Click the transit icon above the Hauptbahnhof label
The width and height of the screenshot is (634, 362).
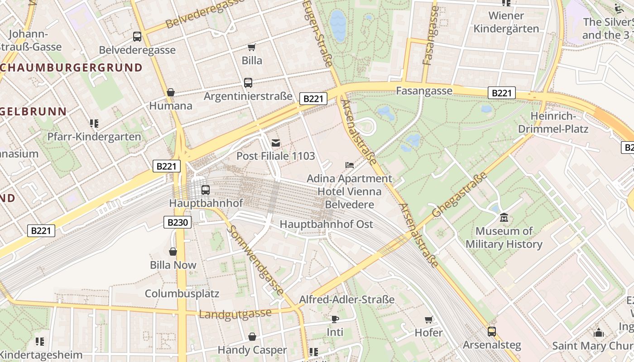coord(206,190)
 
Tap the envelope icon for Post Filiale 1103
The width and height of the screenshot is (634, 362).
coord(275,143)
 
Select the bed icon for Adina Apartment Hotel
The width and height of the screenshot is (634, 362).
coord(350,165)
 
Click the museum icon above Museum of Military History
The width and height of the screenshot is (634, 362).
coord(504,218)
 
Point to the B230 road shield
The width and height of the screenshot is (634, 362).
coord(177,222)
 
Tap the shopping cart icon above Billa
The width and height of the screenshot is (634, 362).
coord(252,47)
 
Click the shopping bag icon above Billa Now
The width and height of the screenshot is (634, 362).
coord(173,252)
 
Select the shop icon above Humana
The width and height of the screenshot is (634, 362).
coord(171,92)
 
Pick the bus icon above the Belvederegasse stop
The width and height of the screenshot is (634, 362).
coord(137,37)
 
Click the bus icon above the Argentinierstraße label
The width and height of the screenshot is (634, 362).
coord(248,83)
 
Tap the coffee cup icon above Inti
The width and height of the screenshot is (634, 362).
coord(335,319)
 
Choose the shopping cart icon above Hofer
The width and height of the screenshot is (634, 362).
coord(428,319)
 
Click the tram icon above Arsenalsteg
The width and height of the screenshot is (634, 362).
coord(491,332)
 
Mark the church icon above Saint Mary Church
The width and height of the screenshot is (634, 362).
coord(599,333)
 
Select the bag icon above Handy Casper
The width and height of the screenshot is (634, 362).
coord(252,337)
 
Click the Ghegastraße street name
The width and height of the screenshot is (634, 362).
coord(460,195)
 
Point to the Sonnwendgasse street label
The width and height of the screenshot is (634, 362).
coord(255,260)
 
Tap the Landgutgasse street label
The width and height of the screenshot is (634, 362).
coord(235,313)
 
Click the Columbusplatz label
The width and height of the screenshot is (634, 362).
coord(182,294)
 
